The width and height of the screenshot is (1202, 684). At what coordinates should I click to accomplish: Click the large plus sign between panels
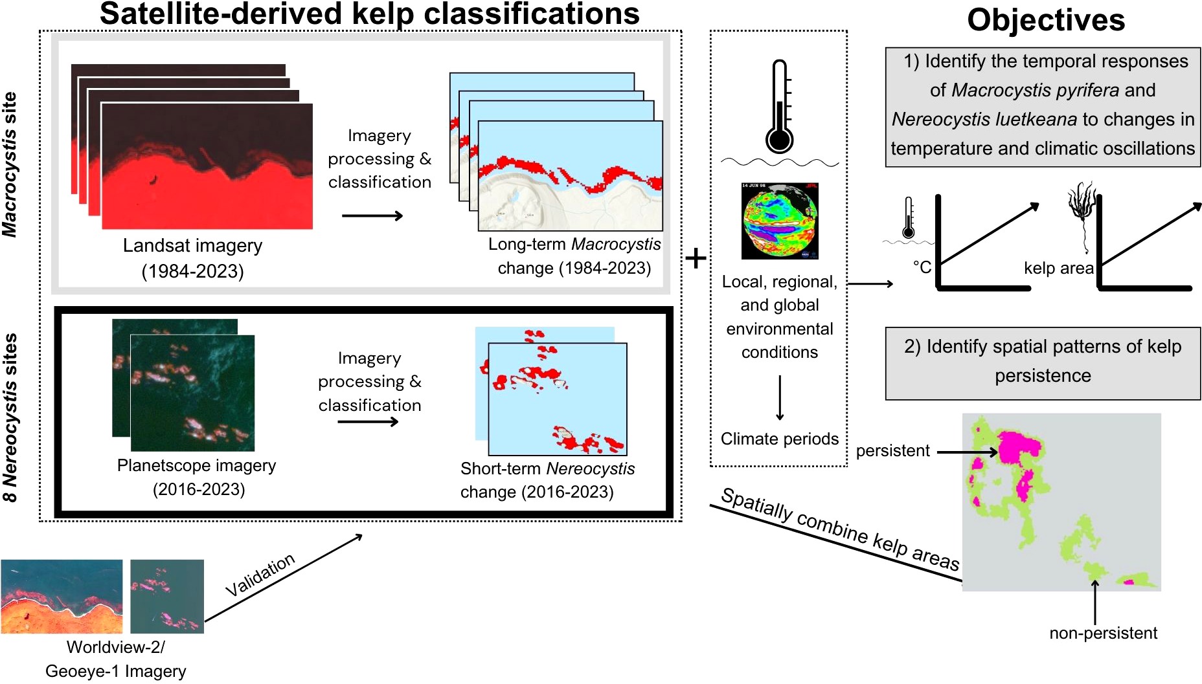(696, 259)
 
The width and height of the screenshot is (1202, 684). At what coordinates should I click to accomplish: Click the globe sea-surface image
(780, 221)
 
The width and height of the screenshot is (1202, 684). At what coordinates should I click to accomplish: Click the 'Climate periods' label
(779, 439)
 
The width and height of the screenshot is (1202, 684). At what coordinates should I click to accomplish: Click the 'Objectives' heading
(1045, 19)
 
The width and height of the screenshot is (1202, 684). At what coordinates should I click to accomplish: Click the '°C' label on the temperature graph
(922, 267)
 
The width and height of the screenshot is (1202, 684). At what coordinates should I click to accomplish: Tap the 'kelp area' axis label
(1058, 268)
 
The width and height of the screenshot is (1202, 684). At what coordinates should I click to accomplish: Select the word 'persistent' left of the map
(892, 451)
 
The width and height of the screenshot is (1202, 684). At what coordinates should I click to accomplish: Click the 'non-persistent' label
(1103, 633)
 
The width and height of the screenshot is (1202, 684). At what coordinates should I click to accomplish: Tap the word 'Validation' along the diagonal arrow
(260, 575)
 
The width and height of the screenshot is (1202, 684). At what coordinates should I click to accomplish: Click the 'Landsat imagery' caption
(192, 246)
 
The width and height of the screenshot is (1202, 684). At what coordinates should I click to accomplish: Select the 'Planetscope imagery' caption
(196, 466)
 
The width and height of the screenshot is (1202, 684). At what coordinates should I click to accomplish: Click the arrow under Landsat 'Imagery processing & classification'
(372, 215)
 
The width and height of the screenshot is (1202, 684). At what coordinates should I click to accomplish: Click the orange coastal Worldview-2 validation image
(62, 596)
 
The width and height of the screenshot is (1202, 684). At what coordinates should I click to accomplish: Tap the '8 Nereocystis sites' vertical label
(10, 417)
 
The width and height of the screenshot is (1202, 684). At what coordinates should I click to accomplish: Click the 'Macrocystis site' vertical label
(10, 164)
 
